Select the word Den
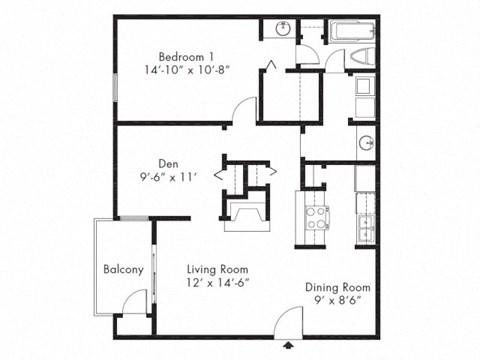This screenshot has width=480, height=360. point(167,163)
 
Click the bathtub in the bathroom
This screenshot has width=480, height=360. point(346,31)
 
